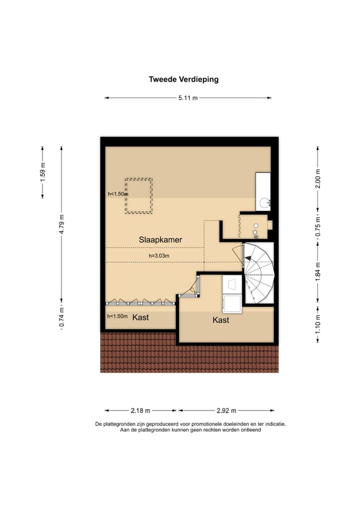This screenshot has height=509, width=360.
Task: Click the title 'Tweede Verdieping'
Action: point(183,79)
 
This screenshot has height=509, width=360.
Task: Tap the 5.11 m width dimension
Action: point(188,98)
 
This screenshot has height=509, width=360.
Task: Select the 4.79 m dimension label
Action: point(61,224)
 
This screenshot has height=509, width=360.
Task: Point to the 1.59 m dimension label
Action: point(43,171)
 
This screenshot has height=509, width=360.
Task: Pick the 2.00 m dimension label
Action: point(317,178)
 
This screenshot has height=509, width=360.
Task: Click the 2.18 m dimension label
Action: point(140,411)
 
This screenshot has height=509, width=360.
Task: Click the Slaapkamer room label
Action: point(160,240)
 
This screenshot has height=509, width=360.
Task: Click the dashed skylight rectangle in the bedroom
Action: point(138,195)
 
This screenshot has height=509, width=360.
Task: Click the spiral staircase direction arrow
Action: point(246,257)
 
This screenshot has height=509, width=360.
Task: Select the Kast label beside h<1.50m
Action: point(140,317)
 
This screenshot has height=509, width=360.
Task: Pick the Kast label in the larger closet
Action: point(221,320)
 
